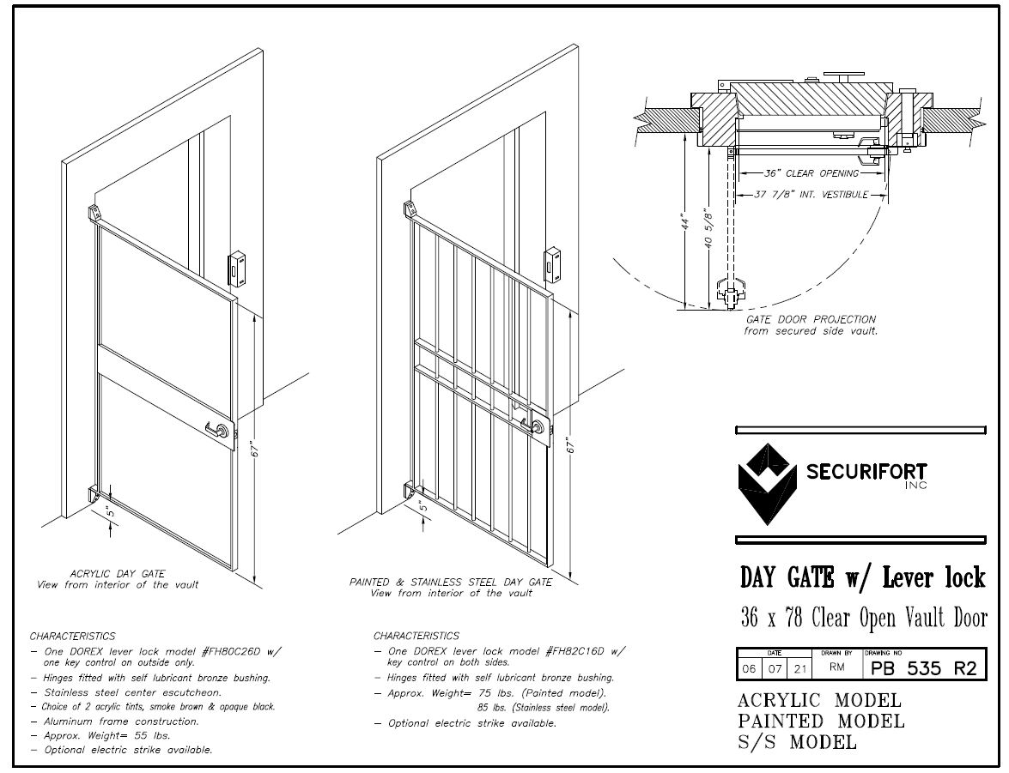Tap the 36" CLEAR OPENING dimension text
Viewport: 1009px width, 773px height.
click(x=811, y=173)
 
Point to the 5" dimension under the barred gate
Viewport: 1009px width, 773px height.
click(x=423, y=507)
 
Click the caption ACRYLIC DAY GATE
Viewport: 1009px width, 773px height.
click(x=118, y=573)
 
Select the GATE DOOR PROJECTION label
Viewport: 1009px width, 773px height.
click(x=811, y=319)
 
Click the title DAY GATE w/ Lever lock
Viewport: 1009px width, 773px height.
click(x=862, y=577)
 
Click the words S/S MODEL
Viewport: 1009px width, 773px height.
click(x=797, y=742)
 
